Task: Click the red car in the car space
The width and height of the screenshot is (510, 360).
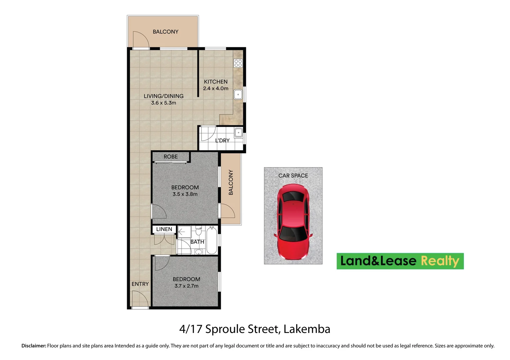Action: (x=293, y=222)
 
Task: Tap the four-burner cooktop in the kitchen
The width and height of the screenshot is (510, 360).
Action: (x=238, y=63)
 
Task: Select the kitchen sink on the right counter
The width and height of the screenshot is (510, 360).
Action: (x=238, y=95)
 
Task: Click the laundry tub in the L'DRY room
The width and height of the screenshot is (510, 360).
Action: (x=238, y=133)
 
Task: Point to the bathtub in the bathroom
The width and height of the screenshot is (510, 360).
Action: (x=212, y=240)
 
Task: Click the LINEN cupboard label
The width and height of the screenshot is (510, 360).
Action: (x=164, y=229)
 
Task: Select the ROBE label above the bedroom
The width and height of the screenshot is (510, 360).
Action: (x=170, y=157)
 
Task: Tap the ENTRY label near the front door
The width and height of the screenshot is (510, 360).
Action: (x=140, y=284)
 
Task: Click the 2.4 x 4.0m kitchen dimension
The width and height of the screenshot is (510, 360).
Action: (x=216, y=89)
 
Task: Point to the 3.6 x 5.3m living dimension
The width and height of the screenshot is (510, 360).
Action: (x=163, y=103)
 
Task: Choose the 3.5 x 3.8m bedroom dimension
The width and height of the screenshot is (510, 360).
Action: (x=185, y=194)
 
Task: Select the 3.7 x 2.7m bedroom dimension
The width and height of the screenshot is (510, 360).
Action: (x=186, y=286)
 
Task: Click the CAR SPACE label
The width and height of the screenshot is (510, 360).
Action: (x=293, y=176)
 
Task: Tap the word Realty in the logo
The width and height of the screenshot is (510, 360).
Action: (x=440, y=261)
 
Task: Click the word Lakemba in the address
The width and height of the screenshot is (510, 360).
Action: (x=307, y=329)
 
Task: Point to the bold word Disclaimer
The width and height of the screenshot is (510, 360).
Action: (x=34, y=346)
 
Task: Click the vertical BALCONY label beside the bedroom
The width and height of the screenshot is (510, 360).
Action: (x=231, y=182)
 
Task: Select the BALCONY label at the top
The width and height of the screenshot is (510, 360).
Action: (x=165, y=32)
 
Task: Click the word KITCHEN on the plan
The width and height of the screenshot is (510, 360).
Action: (x=216, y=82)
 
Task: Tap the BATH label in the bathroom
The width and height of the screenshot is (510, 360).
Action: (x=197, y=242)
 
